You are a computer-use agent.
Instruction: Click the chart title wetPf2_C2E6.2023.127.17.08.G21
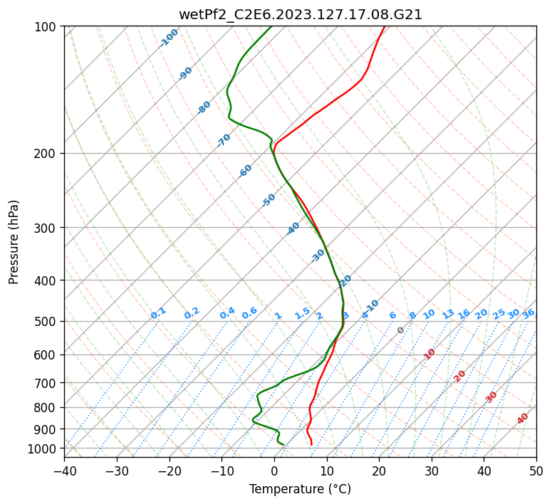click(301, 14)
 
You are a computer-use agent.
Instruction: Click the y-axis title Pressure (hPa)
click(14, 241)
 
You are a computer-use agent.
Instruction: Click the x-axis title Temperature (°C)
click(300, 489)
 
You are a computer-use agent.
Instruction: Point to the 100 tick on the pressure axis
click(47, 27)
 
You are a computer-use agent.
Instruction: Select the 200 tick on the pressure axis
click(47, 154)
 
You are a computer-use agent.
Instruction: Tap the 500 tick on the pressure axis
click(47, 321)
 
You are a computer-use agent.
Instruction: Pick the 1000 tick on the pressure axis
click(44, 448)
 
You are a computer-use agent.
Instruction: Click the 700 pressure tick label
click(47, 383)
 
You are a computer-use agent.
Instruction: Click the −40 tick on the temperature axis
click(64, 471)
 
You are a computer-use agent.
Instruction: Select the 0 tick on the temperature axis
click(274, 471)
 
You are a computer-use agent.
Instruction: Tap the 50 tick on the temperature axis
click(536, 471)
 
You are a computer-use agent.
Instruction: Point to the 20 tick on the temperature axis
click(379, 471)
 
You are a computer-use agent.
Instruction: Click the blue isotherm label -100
click(170, 38)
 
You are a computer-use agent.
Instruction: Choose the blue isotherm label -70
click(224, 140)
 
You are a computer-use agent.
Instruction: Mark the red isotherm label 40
click(523, 419)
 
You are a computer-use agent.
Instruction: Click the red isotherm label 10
click(429, 354)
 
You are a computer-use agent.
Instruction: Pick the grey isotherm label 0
click(401, 330)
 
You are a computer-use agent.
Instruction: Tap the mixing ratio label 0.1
click(158, 313)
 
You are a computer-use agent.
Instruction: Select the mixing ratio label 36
click(528, 313)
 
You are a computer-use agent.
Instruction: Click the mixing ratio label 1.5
click(302, 313)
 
